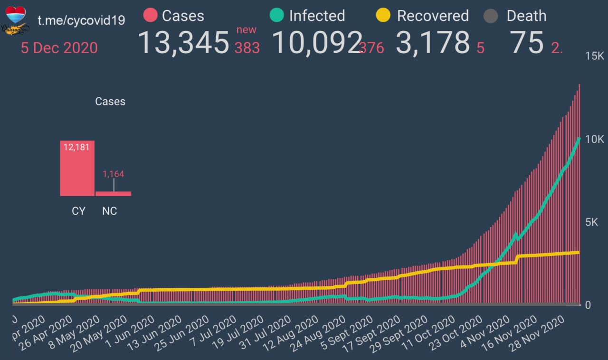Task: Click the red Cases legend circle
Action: [150, 16]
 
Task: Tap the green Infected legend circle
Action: [277, 16]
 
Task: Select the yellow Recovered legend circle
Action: [383, 16]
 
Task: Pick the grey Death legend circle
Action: [491, 16]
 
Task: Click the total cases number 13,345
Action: [183, 42]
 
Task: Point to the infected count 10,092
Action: [317, 42]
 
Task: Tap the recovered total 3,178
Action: [433, 42]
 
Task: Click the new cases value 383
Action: [247, 48]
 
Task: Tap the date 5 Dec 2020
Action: [59, 48]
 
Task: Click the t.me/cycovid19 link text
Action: [81, 21]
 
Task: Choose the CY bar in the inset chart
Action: [77, 168]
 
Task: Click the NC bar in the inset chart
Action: [113, 193]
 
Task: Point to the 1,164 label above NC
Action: [113, 174]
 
